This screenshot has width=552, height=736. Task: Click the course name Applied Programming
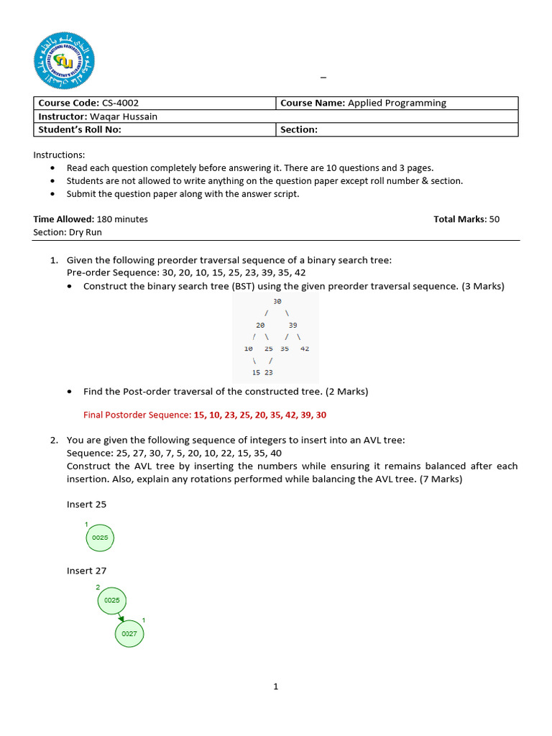point(397,103)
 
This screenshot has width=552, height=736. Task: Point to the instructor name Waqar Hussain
point(123,116)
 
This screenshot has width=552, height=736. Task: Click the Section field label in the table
point(299,130)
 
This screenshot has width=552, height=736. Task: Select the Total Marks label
point(460,219)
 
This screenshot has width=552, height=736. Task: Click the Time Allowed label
point(64,219)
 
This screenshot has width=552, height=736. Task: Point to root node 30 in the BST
point(277,302)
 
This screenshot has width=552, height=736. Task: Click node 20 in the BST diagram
point(260,325)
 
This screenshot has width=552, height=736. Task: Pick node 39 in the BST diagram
point(293,325)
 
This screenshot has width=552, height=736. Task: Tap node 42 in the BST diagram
point(305,349)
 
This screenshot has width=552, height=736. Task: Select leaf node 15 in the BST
point(256,372)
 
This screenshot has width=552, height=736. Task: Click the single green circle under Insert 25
point(100,538)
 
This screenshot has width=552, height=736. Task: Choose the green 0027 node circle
point(129,634)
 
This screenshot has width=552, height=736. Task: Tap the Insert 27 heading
point(86,571)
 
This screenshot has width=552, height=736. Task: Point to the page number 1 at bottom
point(275,686)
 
